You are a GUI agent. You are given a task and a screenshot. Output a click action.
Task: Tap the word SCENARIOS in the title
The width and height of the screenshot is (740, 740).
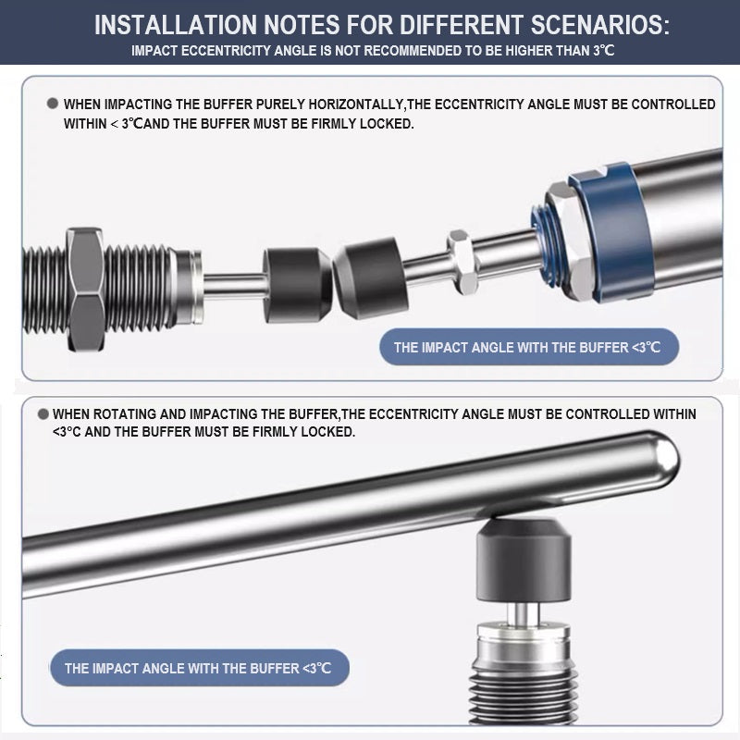599,25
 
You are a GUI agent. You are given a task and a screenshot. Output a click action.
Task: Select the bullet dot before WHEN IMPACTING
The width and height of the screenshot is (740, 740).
53,104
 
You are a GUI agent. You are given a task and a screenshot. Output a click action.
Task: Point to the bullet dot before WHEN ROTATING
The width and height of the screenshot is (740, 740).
43,413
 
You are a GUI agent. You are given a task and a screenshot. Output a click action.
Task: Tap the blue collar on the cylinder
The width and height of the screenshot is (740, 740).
613,231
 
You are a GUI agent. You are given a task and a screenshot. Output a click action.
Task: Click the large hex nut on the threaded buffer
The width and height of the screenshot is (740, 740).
85,289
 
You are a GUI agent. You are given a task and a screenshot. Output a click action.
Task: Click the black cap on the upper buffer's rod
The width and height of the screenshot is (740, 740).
297,285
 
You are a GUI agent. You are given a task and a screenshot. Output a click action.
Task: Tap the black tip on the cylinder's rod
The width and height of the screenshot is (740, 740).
371,278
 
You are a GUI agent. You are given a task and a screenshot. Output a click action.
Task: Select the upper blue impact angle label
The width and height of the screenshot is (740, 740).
529,347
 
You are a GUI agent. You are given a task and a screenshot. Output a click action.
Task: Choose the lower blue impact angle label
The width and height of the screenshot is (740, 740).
200,668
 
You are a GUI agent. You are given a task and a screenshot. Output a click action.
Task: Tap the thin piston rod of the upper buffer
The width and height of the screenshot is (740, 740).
235,286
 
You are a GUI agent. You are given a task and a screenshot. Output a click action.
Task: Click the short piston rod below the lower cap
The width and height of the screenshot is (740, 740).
523,612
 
